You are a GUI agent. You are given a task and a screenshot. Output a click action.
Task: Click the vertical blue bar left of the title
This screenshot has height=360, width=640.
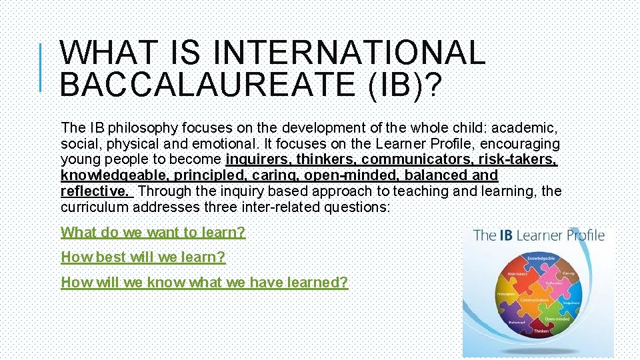click(x=41, y=67)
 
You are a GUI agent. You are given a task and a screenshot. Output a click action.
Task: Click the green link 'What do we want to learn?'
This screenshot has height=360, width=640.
click(x=153, y=233)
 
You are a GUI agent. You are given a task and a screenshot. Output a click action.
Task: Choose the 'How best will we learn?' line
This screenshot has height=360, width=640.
click(x=143, y=257)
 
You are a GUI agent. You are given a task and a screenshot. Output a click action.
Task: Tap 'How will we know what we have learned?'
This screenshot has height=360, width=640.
click(x=204, y=283)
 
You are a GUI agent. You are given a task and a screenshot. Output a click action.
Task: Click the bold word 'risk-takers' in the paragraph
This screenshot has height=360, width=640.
click(x=517, y=159)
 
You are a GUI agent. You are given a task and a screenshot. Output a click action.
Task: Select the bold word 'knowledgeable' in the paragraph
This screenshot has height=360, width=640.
click(x=111, y=175)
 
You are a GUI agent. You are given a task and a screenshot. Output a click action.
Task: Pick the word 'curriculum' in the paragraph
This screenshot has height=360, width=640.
click(x=93, y=207)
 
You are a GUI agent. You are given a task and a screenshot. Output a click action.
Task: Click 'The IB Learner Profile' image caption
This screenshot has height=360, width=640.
click(x=539, y=235)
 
